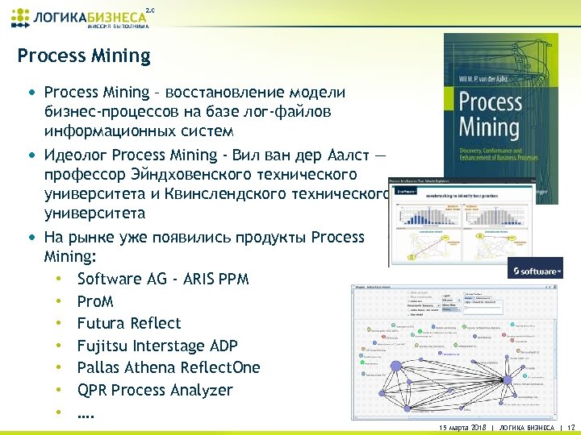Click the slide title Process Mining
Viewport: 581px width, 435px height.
pos(84,56)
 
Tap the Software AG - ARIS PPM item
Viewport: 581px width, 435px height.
pos(163,279)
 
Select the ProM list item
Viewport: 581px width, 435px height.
pos(95,301)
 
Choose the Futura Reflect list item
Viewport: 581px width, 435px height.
pos(129,323)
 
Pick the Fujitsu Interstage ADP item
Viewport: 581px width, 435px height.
pos(157,346)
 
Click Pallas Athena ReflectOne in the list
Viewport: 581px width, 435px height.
pos(169,367)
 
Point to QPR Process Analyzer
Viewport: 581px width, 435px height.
pos(155,390)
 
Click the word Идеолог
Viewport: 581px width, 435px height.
pos(77,154)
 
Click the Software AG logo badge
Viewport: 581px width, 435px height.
pos(535,271)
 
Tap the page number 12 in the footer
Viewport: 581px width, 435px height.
pos(571,428)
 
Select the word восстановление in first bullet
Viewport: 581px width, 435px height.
pos(242,92)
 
